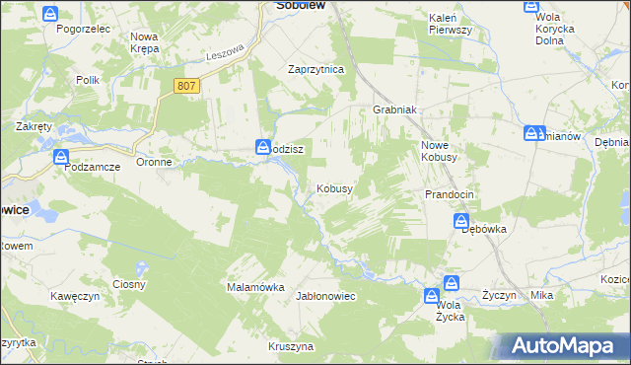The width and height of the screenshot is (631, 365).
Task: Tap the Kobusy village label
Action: (334, 188)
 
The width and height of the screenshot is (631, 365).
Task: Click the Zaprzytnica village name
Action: (315, 70)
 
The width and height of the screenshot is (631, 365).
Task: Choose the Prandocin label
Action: (450, 194)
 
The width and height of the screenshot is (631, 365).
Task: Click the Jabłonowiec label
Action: (325, 296)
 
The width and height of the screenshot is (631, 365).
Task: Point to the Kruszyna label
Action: (291, 346)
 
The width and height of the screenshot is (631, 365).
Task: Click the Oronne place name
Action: (155, 162)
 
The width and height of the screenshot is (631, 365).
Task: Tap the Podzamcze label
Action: (92, 168)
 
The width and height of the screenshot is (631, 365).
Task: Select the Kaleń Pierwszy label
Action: (451, 25)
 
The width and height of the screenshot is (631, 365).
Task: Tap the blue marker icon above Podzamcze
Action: (61, 156)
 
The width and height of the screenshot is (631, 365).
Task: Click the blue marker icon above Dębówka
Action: (461, 223)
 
